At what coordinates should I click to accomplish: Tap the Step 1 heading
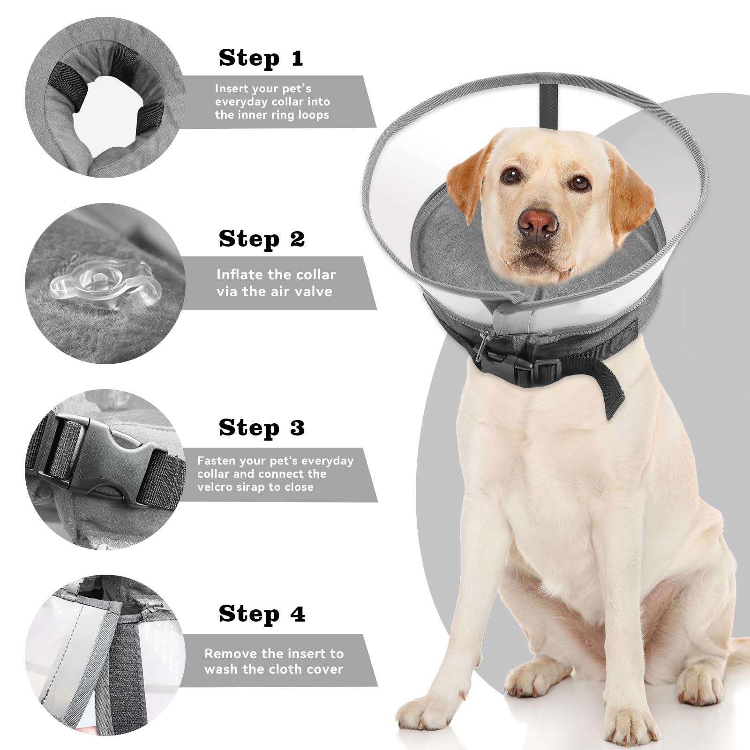tap(261, 58)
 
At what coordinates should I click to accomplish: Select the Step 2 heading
tap(262, 239)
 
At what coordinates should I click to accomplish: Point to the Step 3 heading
tap(262, 428)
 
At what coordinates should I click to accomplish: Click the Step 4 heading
tap(262, 614)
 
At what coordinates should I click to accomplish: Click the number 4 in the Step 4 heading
tap(297, 615)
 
